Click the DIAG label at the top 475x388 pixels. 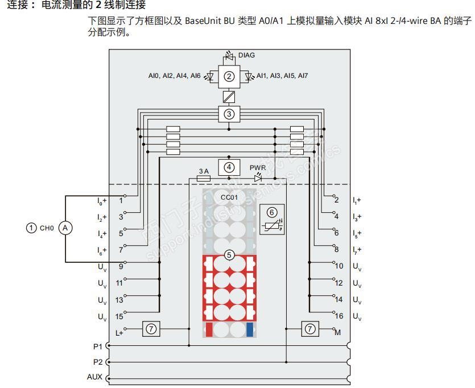(246, 55)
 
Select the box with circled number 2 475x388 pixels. (229, 76)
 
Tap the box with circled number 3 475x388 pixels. (229, 114)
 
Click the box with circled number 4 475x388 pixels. (229, 167)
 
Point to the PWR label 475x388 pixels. (257, 168)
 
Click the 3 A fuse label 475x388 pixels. (204, 171)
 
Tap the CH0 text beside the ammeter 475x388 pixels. (47, 228)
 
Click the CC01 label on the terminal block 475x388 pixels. (229, 197)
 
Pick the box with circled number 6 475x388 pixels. (272, 218)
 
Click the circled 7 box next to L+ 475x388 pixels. (151, 329)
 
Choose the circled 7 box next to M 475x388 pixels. (310, 329)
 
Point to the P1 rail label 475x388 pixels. (98, 346)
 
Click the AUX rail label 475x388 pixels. (94, 377)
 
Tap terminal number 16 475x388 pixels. (338, 316)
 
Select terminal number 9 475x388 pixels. (121, 266)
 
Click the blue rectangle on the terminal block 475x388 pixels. (250, 329)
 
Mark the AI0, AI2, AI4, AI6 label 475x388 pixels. (174, 76)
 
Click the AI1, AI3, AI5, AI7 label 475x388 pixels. (282, 76)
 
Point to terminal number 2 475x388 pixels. (337, 200)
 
